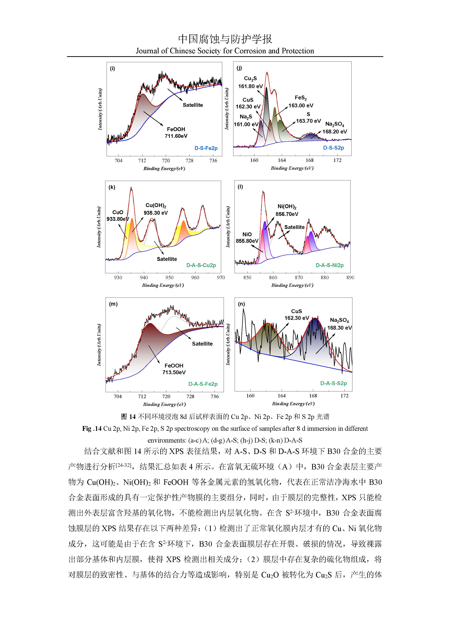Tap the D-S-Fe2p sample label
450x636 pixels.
[206, 148]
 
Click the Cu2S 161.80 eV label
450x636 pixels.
[250, 82]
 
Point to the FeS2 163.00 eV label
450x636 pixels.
[301, 102]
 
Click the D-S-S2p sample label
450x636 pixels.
[334, 148]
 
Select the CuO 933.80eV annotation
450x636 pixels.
[118, 216]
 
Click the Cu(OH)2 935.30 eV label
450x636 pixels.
[156, 209]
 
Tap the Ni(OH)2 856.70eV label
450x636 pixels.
[287, 210]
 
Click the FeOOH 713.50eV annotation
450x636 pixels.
[174, 369]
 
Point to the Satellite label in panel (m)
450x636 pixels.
[202, 344]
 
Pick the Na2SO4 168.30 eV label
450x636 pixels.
[339, 324]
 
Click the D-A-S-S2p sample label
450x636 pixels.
[334, 383]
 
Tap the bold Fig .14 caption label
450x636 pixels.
[92, 429]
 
